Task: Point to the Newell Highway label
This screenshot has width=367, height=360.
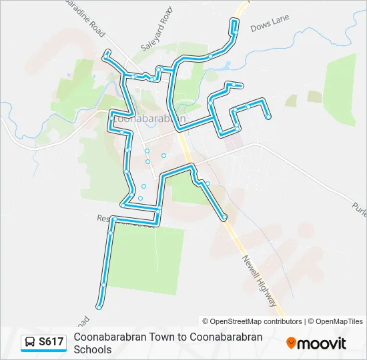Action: pyautogui.click(x=260, y=281)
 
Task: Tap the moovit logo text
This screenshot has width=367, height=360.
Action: pyautogui.click(x=322, y=343)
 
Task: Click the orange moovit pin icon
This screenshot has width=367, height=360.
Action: pyautogui.click(x=291, y=343)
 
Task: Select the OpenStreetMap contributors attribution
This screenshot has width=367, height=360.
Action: pyautogui.click(x=252, y=321)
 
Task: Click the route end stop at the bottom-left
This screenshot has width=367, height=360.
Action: pyautogui.click(x=99, y=307)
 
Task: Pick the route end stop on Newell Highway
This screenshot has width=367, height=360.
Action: pyautogui.click(x=224, y=217)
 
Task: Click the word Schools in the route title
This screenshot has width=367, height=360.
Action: pyautogui.click(x=93, y=349)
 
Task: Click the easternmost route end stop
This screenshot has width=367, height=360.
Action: pyautogui.click(x=268, y=117)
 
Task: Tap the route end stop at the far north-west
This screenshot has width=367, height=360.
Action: pyautogui.click(x=105, y=52)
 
